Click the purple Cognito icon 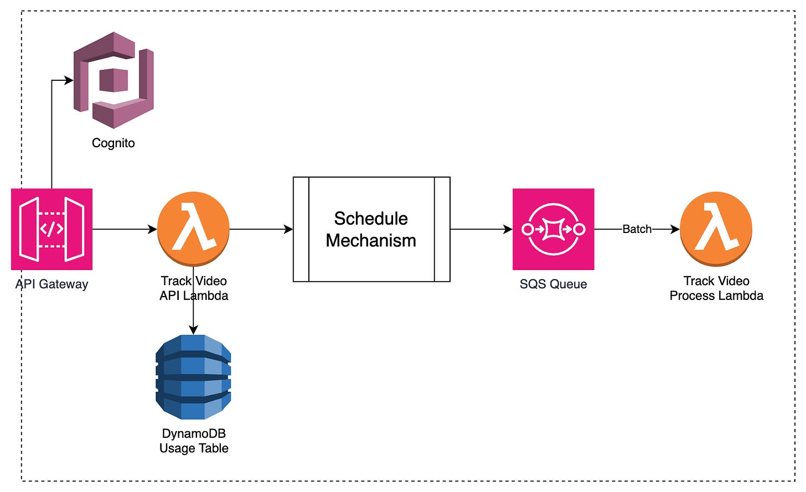[113, 80]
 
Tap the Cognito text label [113, 143]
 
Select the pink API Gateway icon [51, 229]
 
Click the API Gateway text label [51, 284]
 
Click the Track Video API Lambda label [194, 288]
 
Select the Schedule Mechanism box [371, 260]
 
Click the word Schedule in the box [371, 219]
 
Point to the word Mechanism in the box [371, 241]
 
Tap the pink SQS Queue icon [553, 229]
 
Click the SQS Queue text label [553, 284]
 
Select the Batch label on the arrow [637, 229]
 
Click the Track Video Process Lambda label [716, 288]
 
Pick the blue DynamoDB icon [193, 377]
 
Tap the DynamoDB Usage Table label [194, 441]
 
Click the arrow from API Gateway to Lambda [125, 229]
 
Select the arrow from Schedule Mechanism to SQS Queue [480, 229]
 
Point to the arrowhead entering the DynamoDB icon [193, 330]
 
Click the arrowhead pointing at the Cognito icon [69, 80]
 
